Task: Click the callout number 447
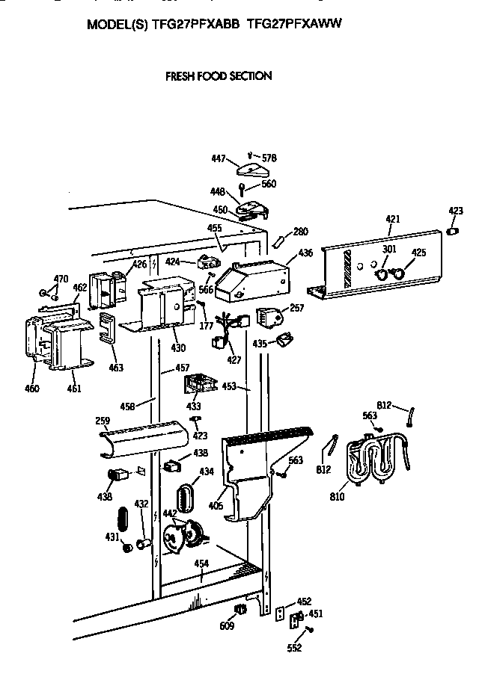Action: click(219, 158)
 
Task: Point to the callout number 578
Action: click(268, 158)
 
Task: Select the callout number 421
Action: click(393, 219)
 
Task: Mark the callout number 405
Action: click(216, 506)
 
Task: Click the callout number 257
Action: click(296, 308)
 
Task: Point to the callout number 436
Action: click(305, 254)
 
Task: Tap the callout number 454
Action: click(201, 563)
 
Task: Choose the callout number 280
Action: click(300, 232)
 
